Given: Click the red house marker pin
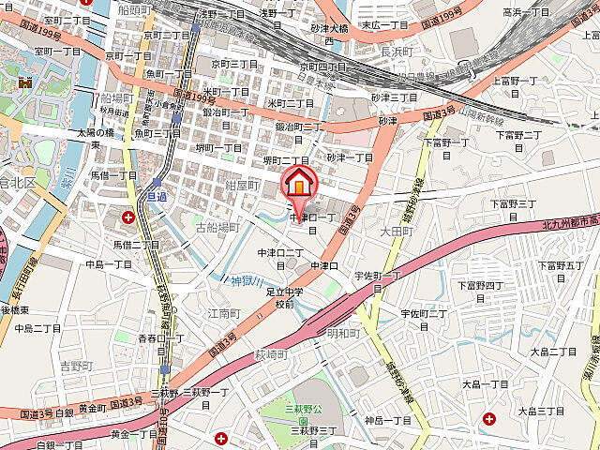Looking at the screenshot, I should coord(299,181).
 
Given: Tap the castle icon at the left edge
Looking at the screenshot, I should coord(25,82).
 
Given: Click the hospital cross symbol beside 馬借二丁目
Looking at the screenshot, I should coord(128,217).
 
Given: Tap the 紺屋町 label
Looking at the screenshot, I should coord(242,186).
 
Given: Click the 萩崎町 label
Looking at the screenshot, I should coord(269,354).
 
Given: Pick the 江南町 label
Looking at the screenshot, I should coord(224,312).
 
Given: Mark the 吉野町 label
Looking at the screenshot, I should coord(76,366).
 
